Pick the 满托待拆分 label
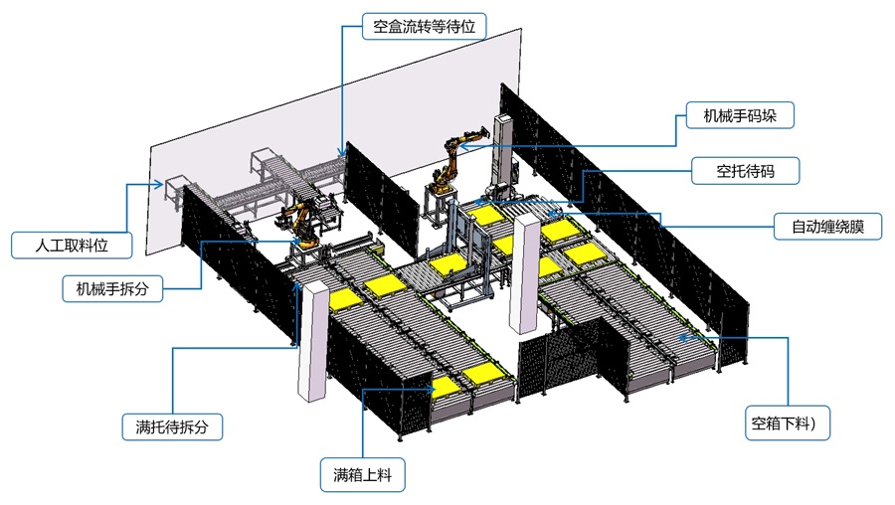(172, 428)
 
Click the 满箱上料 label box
(363, 475)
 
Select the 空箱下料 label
(790, 424)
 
